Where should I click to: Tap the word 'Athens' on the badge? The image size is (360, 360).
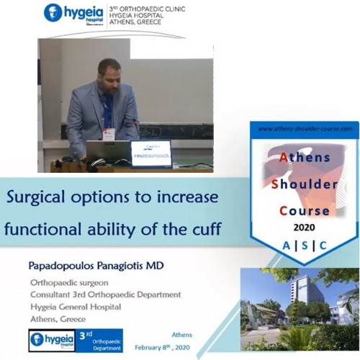pos(305,156)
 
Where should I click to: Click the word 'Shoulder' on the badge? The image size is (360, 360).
pos(305,184)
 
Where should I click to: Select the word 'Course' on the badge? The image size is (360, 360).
pos(305,212)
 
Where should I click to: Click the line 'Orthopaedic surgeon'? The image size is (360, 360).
pos(71,282)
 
